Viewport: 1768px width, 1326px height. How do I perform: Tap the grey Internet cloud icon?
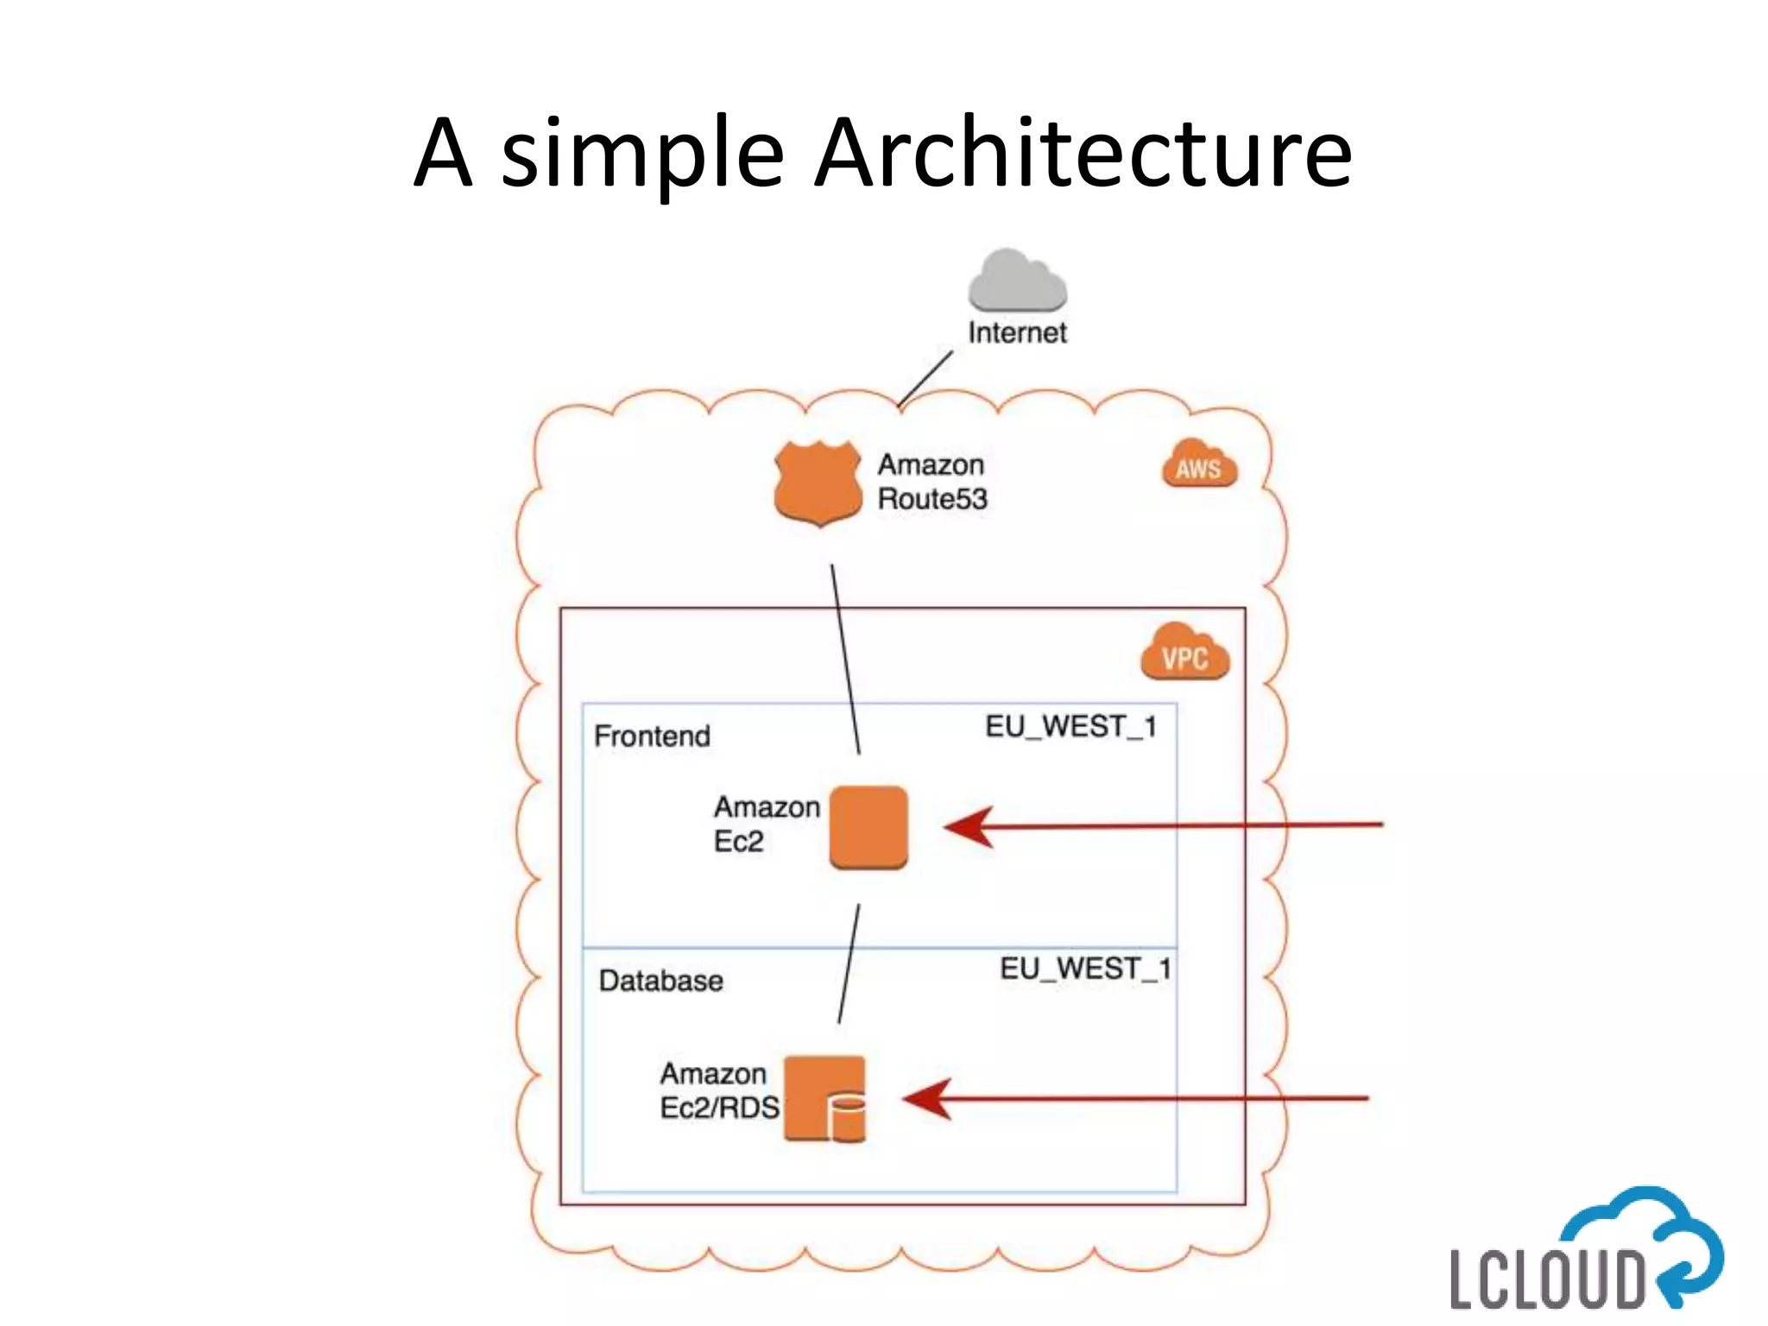1017,280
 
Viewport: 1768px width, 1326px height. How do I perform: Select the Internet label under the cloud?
1017,332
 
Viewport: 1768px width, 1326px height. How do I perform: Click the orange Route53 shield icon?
818,483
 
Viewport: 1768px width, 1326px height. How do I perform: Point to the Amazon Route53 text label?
932,482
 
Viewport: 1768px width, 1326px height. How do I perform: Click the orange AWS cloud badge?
1199,464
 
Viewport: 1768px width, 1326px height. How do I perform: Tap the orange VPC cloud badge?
1185,652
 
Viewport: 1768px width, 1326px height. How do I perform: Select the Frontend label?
653,736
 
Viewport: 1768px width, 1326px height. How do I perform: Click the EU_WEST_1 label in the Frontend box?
1071,727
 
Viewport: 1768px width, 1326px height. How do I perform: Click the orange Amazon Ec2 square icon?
868,827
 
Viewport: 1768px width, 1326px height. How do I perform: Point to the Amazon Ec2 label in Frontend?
767,824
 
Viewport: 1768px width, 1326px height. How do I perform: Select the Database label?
661,981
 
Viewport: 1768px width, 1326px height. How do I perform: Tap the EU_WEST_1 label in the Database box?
1086,969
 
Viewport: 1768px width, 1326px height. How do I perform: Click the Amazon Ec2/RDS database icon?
824,1099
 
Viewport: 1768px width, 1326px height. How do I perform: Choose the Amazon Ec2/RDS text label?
720,1090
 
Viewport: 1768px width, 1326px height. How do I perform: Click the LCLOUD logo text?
1547,1279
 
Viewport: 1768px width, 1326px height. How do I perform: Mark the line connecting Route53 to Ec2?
845,660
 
